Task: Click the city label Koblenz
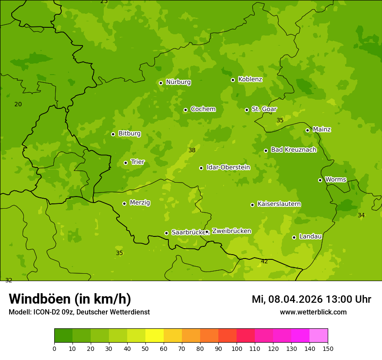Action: coord(250,79)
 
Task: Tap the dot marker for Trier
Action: coord(126,163)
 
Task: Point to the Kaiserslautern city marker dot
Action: coord(252,205)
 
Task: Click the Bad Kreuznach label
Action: coord(293,150)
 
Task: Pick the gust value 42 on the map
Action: coord(264,261)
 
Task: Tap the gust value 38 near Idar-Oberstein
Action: coord(192,150)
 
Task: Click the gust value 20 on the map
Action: coord(18,104)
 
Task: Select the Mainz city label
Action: coord(322,129)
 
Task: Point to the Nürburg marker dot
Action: coord(161,83)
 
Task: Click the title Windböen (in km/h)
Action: coord(70,299)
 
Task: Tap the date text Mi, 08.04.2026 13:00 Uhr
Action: coord(311,299)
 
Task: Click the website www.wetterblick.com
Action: coord(313,312)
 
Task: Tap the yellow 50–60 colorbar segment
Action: coord(155,336)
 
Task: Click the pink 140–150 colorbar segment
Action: coord(319,336)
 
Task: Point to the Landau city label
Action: coord(310,236)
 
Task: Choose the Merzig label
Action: coord(140,203)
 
